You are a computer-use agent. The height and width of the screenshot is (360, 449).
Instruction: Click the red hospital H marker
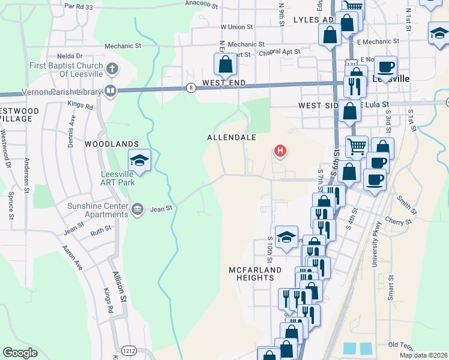click(x=280, y=150)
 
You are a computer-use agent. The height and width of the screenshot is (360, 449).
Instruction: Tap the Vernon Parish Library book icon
click(x=110, y=91)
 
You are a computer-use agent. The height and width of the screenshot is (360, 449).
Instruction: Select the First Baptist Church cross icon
click(x=111, y=68)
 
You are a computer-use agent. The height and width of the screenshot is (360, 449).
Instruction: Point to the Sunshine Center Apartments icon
click(x=137, y=208)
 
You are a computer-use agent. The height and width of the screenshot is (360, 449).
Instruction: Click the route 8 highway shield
click(x=191, y=88)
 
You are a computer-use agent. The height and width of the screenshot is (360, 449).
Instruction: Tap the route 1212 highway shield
click(x=128, y=350)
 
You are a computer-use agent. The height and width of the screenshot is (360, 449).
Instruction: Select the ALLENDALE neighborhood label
click(x=232, y=137)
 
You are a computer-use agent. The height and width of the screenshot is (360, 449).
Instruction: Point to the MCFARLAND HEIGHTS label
click(x=255, y=274)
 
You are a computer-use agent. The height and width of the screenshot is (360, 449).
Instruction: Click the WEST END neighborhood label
click(x=225, y=82)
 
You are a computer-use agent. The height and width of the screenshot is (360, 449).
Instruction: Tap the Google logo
click(x=20, y=353)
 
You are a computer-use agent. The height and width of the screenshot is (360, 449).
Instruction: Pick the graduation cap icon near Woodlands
click(x=139, y=161)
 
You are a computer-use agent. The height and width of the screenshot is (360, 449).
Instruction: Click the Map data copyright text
click(x=423, y=355)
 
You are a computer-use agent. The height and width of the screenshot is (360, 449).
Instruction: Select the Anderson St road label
click(x=27, y=174)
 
